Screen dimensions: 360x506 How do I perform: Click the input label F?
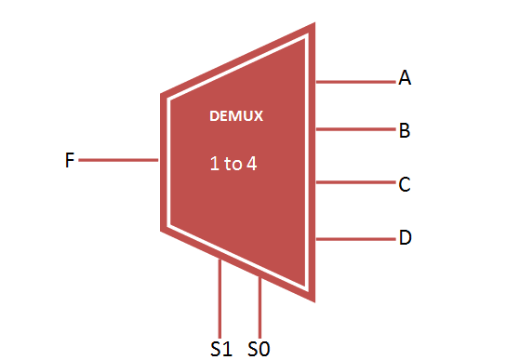[70, 161]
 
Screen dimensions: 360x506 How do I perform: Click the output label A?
[405, 79]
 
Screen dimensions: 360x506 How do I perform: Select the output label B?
[405, 131]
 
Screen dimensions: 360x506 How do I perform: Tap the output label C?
[405, 184]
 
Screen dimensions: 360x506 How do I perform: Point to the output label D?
[405, 238]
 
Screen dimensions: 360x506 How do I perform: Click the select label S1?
[220, 349]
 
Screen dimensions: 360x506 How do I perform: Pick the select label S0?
[259, 349]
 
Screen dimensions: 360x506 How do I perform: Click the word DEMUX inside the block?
[236, 117]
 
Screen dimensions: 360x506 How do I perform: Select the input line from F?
[119, 160]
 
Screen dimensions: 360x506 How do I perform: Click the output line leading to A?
[355, 82]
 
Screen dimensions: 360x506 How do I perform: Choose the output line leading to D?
[355, 239]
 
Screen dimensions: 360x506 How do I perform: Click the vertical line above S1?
[220, 298]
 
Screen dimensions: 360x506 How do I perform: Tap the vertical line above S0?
[260, 307]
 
